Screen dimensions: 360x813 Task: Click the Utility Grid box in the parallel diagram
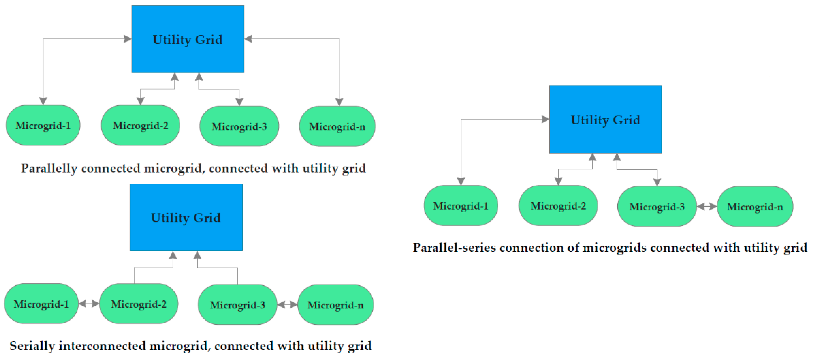coord(188,39)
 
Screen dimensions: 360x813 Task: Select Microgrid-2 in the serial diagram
coord(138,304)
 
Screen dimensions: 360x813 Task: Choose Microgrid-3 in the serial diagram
coord(237,305)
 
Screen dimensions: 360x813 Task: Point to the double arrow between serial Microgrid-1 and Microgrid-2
coord(89,303)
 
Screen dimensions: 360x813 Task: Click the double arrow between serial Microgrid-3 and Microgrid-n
coord(287,305)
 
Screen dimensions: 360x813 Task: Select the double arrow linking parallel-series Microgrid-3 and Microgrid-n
coord(707,206)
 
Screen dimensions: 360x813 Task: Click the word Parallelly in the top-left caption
coord(49,168)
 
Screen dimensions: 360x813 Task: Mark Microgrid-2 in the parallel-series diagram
coord(558,206)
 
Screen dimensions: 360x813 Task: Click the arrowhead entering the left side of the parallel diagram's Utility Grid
coord(128,39)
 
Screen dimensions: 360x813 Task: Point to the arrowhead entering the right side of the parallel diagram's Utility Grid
coord(248,39)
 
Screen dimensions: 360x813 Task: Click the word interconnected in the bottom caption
coord(102,346)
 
